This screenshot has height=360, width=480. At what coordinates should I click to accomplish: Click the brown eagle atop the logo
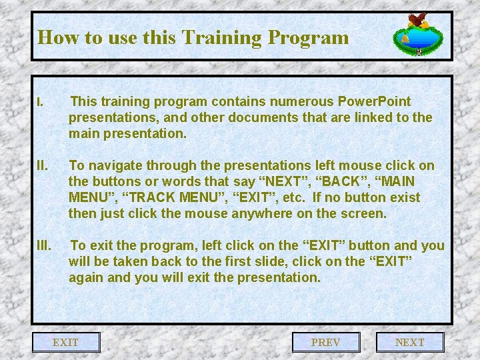click(418, 21)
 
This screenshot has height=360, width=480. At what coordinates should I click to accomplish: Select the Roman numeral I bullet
click(40, 103)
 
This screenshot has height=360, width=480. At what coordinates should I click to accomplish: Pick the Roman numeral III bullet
click(44, 245)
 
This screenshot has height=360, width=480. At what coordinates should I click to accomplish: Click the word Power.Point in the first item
click(375, 101)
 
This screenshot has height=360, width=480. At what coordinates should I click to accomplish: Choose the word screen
click(363, 213)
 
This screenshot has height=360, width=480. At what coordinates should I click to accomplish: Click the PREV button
click(326, 342)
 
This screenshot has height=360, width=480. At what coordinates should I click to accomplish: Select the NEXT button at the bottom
click(409, 342)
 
